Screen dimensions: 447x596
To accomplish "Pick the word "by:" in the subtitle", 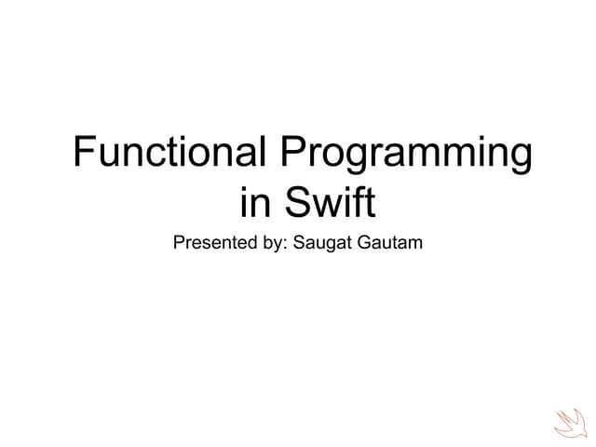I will click(x=272, y=245).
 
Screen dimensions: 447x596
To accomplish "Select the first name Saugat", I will click(x=322, y=245).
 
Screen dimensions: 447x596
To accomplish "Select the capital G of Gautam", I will click(x=363, y=244).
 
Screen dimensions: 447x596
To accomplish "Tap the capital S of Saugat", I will click(x=299, y=244).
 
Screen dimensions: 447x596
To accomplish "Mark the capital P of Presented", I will click(x=180, y=244).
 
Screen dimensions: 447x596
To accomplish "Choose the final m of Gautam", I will click(x=416, y=246).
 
